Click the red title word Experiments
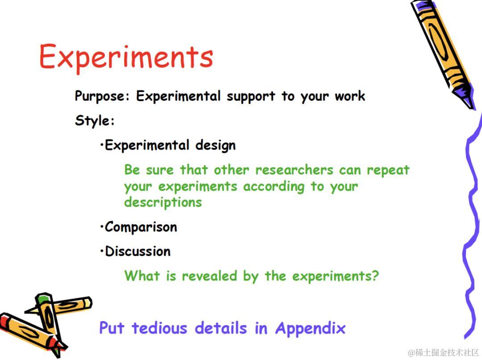coord(126,57)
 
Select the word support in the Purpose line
coord(251,96)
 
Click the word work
coord(350,96)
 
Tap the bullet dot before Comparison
coord(102,227)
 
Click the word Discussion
coord(138,251)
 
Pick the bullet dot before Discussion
coord(102,251)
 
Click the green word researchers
coord(294,170)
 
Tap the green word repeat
coord(388,170)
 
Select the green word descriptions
coord(163,203)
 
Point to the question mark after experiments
coord(375,276)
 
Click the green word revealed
coord(209,276)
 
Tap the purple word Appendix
coord(311,328)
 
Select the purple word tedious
coord(159,328)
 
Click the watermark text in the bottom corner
coord(443,352)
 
